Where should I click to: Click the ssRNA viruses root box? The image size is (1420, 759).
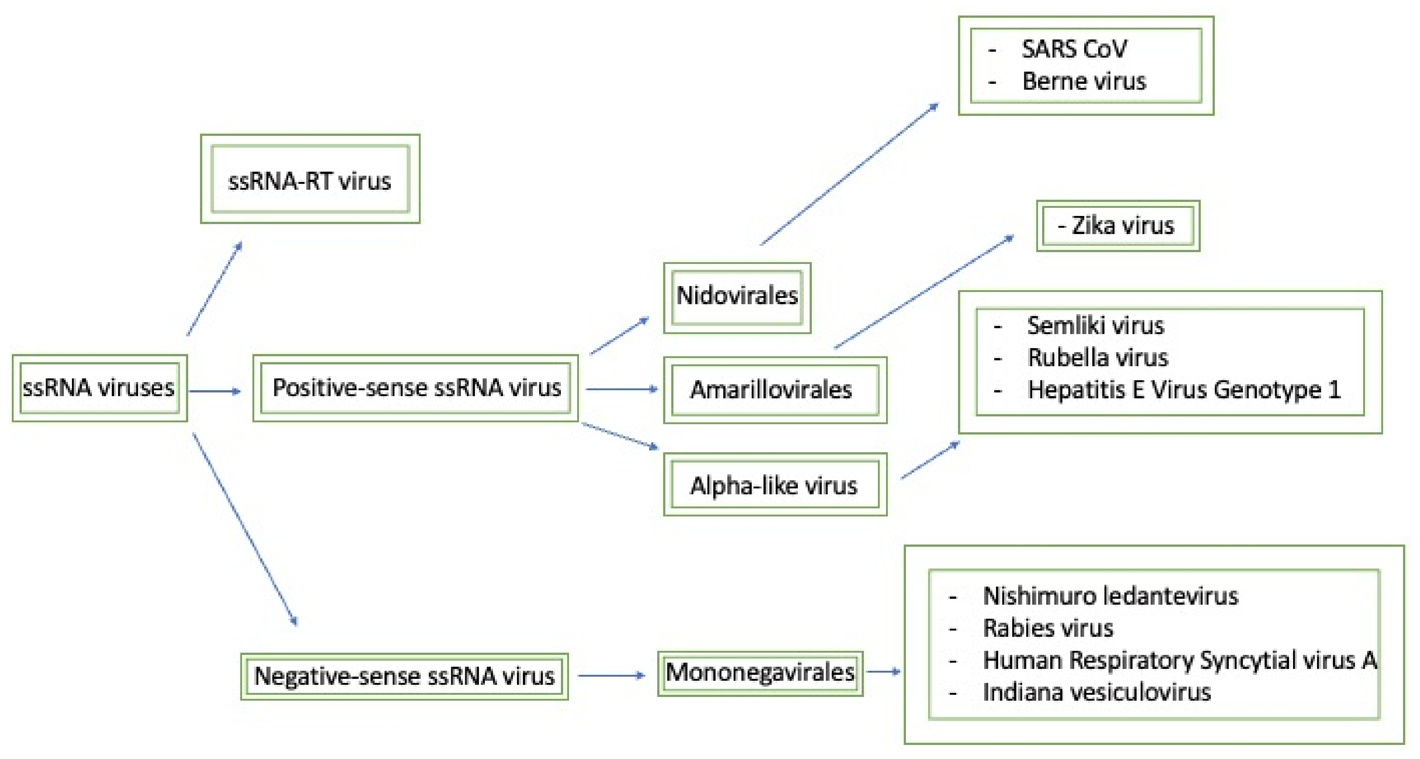pyautogui.click(x=99, y=388)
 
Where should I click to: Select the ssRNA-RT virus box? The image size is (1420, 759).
pyautogui.click(x=310, y=180)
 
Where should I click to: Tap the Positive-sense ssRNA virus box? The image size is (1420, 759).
pyautogui.click(x=416, y=388)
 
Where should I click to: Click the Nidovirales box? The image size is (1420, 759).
pyautogui.click(x=737, y=297)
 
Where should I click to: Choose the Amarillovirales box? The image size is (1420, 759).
pyautogui.click(x=775, y=389)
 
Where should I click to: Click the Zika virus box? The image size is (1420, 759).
pyautogui.click(x=1118, y=226)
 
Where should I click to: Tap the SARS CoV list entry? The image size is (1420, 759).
pyautogui.click(x=1074, y=49)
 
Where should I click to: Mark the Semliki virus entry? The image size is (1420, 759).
pyautogui.click(x=1095, y=326)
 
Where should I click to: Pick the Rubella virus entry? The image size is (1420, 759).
pyautogui.click(x=1097, y=357)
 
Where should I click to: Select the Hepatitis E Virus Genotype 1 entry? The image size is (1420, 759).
pyautogui.click(x=1183, y=390)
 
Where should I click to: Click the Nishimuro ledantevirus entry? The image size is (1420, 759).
pyautogui.click(x=1110, y=596)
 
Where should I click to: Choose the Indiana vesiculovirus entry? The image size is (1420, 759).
pyautogui.click(x=1096, y=692)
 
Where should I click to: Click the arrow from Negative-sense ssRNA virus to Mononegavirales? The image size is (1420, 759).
pyautogui.click(x=611, y=675)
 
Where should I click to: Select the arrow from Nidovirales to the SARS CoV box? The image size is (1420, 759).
pyautogui.click(x=849, y=174)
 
